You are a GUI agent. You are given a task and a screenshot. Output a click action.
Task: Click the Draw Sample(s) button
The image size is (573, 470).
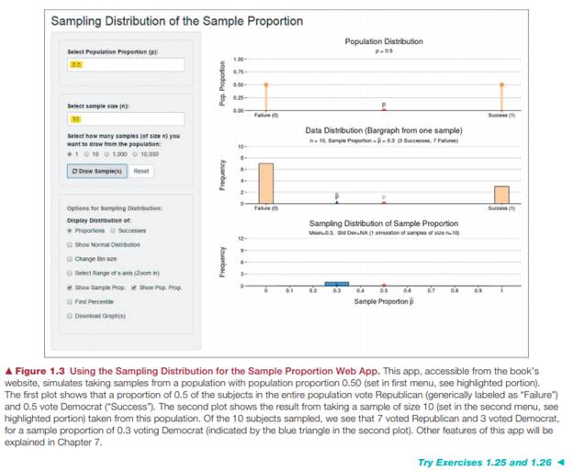pos(95,171)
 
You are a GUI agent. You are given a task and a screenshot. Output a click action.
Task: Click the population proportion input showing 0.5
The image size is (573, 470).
pos(125,65)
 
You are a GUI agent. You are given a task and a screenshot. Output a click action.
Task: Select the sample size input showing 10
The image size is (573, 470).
pos(125,119)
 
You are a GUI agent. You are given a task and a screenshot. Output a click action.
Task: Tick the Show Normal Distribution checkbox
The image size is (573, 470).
pos(71,245)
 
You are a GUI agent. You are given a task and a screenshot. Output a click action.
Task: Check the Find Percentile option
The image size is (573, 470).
pos(71,301)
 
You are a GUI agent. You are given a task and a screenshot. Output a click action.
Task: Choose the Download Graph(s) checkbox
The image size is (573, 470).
pos(71,315)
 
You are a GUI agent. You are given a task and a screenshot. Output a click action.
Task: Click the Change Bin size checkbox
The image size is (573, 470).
pos(71,259)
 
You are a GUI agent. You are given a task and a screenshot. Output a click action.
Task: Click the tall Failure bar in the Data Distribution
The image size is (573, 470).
pos(266,183)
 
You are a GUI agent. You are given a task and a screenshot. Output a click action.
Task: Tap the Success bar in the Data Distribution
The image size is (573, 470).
pos(501,194)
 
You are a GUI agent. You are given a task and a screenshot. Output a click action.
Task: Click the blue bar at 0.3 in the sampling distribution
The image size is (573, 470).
pos(337,284)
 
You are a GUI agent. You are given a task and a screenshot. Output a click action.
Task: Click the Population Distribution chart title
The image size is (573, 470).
pos(384,42)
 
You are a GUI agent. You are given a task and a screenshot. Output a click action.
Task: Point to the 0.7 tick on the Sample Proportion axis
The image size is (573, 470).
pos(432,292)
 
